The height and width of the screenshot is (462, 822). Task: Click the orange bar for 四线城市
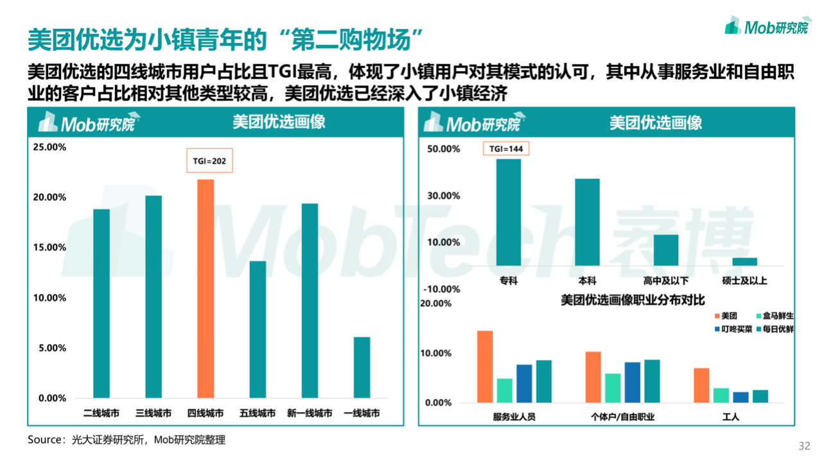pos(205,289)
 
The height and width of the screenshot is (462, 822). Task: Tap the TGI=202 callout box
pos(210,162)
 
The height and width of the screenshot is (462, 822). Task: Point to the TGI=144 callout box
pos(507,149)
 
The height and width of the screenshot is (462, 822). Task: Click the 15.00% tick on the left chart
pos(49,248)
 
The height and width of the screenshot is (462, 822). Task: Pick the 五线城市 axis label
pos(258,413)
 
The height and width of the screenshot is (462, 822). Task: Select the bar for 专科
pos(509,212)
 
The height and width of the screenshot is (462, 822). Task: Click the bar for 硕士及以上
pos(745,261)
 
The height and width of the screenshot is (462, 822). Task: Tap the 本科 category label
pos(587,280)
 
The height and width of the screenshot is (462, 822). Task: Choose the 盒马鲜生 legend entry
pos(771,316)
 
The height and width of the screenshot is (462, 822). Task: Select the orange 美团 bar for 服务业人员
pos(485,366)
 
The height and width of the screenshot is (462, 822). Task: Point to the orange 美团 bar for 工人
pos(701,385)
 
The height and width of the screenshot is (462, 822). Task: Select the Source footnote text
pos(127,440)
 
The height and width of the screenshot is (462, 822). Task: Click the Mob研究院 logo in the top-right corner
pos(767,26)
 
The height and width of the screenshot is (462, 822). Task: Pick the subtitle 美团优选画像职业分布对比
pos(633,300)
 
